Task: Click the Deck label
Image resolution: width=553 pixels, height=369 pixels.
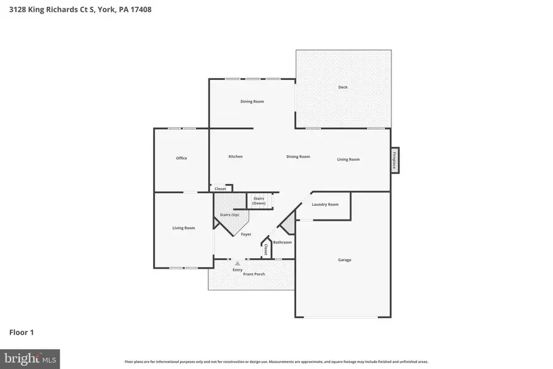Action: (343, 87)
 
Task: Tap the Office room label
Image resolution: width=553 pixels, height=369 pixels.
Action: (181, 158)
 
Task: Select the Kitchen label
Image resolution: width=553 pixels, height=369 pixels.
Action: (235, 156)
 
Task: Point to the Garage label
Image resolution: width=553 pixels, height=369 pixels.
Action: (345, 260)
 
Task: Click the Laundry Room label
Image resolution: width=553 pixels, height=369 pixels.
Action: (325, 204)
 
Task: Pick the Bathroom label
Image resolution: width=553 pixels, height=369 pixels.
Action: (283, 242)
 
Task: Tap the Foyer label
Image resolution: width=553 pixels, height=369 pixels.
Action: (246, 234)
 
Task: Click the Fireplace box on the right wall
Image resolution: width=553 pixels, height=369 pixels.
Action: (394, 160)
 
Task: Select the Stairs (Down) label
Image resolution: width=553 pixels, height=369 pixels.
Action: (259, 200)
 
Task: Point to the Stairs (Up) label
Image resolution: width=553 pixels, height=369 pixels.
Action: (230, 214)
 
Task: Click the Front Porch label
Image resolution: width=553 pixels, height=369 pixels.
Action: (254, 274)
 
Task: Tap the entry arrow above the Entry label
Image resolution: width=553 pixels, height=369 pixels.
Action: (237, 263)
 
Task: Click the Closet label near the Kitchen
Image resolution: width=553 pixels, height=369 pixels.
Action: (220, 189)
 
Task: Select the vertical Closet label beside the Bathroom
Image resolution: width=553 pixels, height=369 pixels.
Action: (265, 249)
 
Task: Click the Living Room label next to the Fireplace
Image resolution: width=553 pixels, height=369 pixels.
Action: (348, 159)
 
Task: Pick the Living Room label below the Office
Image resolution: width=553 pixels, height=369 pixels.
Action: (184, 228)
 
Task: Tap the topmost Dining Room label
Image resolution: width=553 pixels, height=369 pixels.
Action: (252, 101)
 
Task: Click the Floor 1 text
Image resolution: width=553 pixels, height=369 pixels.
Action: (22, 332)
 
